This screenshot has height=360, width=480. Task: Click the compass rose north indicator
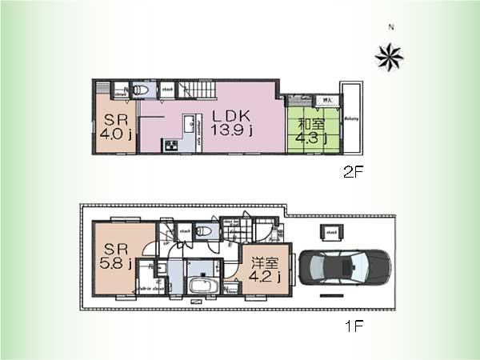click(x=390, y=55)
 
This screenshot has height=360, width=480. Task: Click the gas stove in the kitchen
click(x=170, y=146)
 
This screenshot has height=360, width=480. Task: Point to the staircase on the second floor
click(x=196, y=90)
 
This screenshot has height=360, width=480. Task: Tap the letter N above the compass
click(x=391, y=28)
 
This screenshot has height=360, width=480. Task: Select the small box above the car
click(x=330, y=231)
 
